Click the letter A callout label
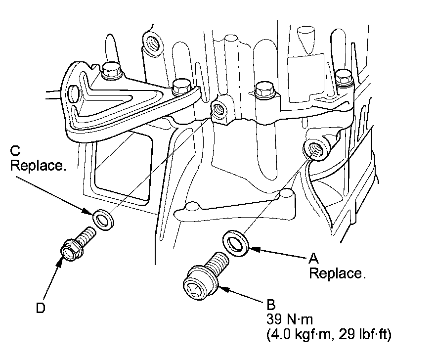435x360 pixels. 313,258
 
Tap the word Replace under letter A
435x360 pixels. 337,273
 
